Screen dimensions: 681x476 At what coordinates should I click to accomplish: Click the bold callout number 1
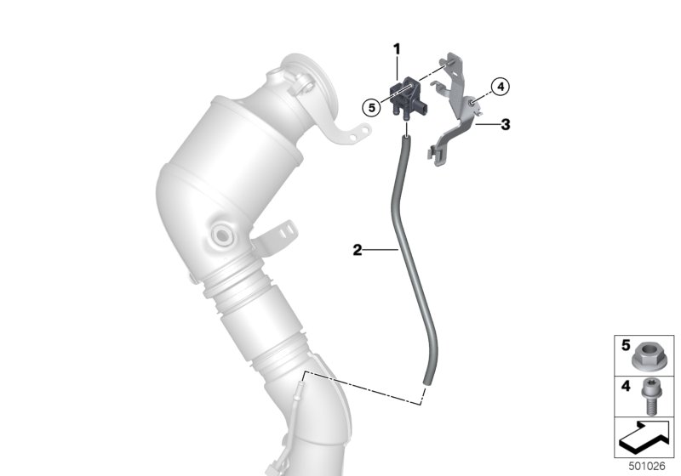(397, 49)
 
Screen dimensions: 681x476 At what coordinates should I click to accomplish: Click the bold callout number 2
(357, 250)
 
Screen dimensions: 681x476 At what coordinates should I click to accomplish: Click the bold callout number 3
(505, 125)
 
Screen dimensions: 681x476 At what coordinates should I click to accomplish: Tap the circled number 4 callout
(501, 87)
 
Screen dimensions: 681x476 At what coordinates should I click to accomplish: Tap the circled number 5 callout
(371, 107)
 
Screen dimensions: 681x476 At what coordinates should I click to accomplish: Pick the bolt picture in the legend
(650, 396)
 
